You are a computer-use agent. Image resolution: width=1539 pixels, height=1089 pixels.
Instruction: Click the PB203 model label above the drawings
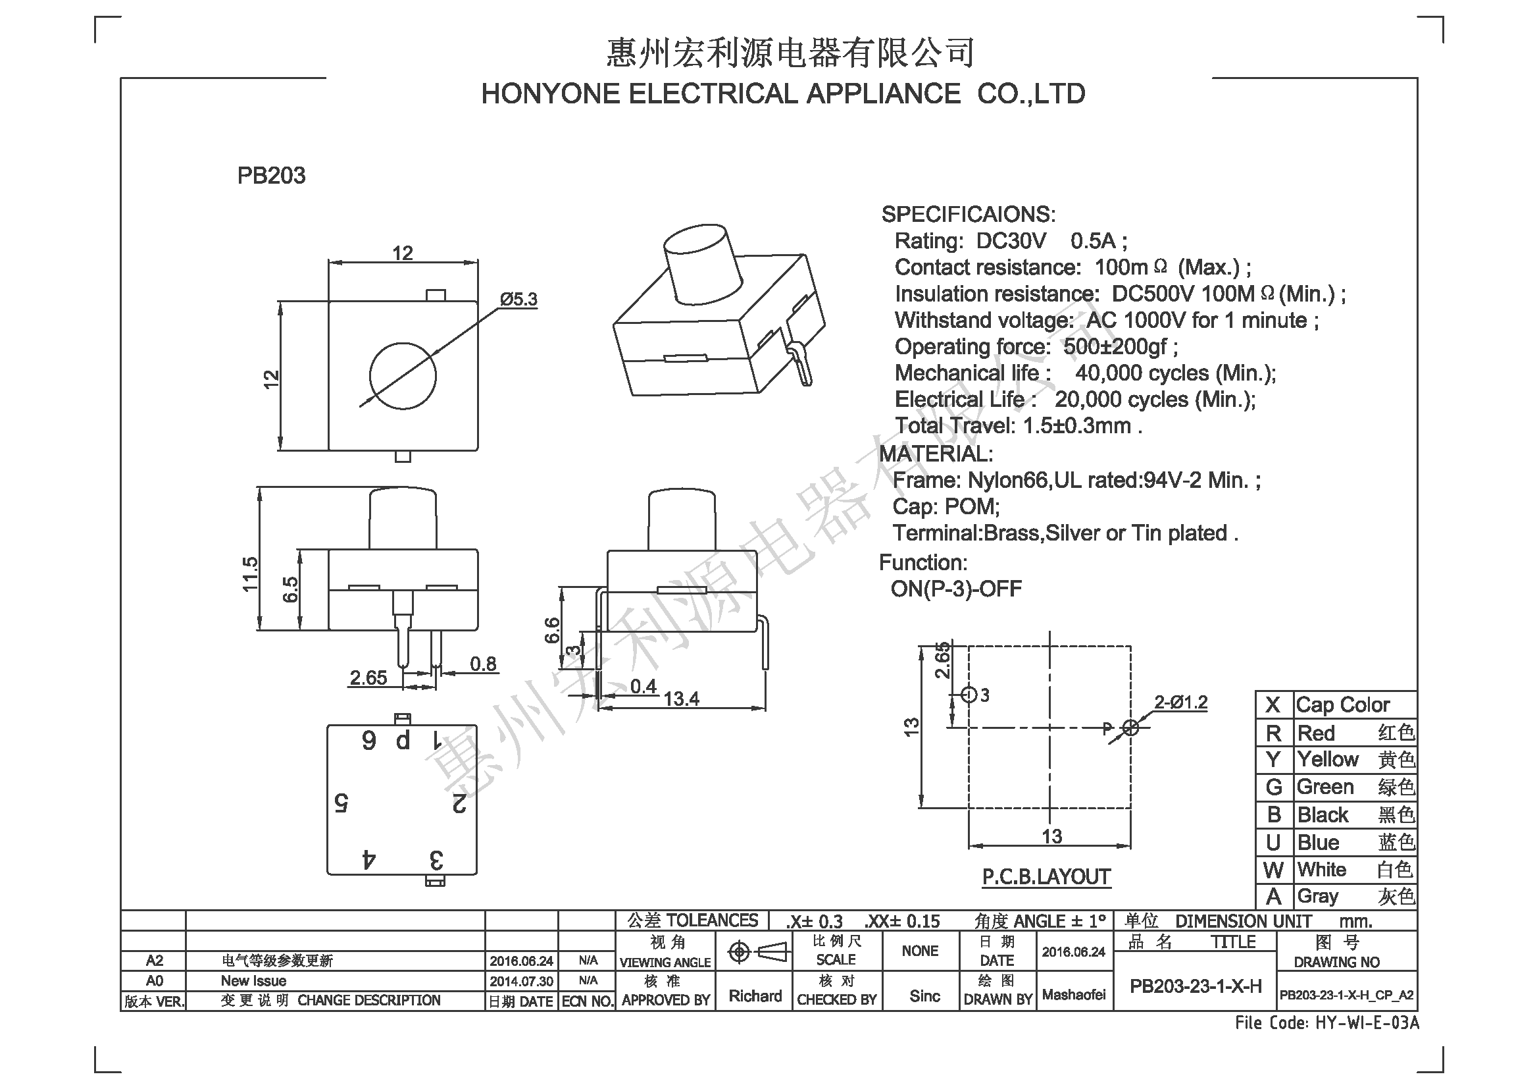click(271, 176)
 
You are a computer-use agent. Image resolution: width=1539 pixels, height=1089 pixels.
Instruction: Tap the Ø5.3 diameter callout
click(518, 299)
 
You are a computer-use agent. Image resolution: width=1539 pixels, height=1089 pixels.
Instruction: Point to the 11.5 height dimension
click(250, 574)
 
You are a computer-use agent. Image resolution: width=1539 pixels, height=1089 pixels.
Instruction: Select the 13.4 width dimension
click(681, 699)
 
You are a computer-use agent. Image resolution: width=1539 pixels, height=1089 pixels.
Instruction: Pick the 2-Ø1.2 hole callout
click(1180, 702)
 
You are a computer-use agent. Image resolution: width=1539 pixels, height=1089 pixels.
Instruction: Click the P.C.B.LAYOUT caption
click(1046, 876)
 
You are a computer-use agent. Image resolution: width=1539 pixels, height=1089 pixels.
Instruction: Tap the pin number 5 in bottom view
click(341, 803)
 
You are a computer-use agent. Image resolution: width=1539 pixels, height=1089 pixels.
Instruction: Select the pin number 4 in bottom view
click(368, 859)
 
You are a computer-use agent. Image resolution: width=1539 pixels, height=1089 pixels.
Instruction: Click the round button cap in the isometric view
click(703, 263)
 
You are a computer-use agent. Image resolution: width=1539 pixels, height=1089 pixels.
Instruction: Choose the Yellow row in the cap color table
click(1336, 760)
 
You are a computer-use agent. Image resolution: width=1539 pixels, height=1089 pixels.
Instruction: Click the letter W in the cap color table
click(1274, 870)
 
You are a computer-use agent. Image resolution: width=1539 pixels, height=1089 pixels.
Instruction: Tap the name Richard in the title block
click(755, 996)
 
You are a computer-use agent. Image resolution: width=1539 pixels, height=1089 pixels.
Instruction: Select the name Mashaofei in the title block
click(1074, 995)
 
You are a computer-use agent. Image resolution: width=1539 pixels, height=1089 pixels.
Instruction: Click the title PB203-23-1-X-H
click(1196, 986)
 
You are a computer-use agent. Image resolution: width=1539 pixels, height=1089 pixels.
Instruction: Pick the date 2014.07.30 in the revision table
click(521, 981)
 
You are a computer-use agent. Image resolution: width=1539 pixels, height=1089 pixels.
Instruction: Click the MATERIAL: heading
click(936, 454)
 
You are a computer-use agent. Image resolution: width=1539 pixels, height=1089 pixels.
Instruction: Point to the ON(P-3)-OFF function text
click(956, 589)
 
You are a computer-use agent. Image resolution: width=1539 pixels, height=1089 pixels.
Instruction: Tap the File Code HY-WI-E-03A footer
click(1327, 1023)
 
